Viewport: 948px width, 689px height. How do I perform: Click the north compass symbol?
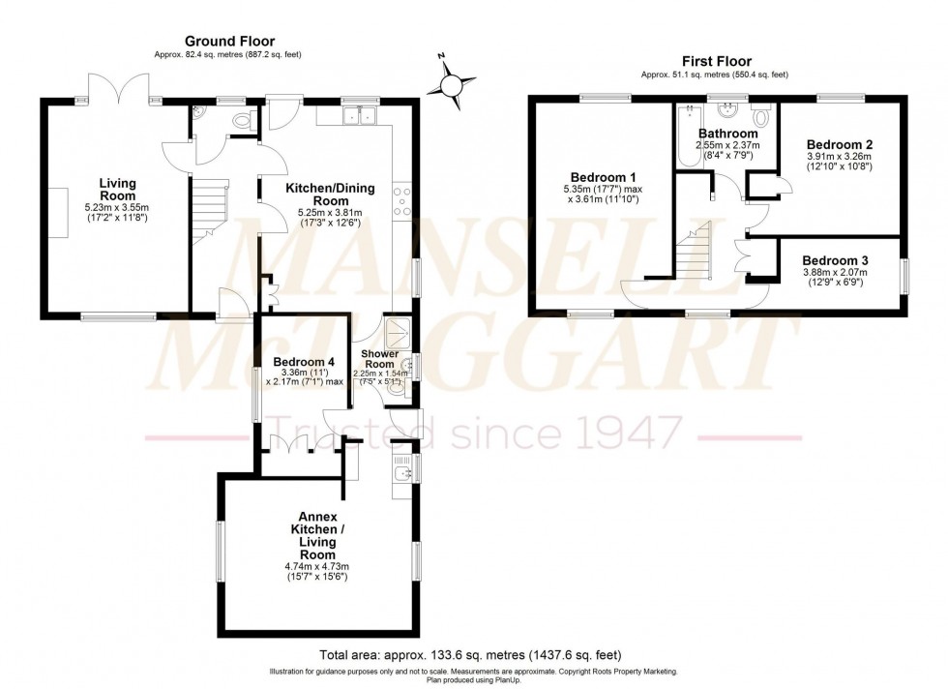(451, 84)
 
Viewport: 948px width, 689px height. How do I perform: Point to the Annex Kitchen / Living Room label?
(316, 542)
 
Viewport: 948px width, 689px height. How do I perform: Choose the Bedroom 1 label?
(604, 177)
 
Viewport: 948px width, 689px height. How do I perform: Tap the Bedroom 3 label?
(835, 260)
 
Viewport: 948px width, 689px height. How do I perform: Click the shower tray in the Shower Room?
(397, 333)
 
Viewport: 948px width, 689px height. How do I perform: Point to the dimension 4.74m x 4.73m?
(316, 566)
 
